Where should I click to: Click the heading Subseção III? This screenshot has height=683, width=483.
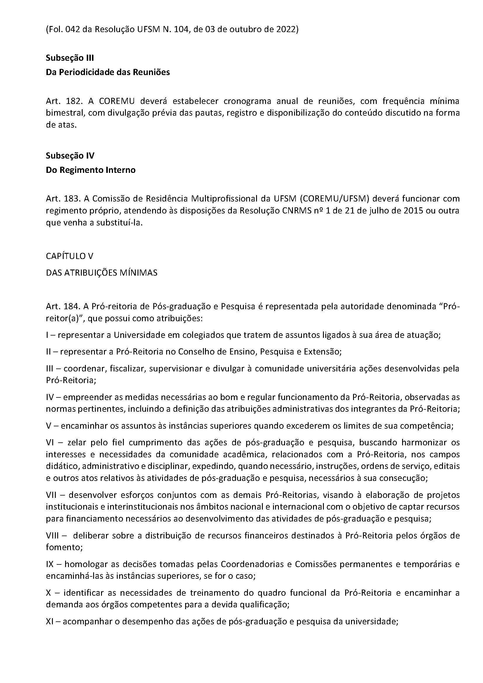click(70, 58)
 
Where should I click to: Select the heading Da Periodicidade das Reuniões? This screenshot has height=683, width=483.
click(108, 72)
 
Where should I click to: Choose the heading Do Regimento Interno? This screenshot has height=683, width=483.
click(91, 170)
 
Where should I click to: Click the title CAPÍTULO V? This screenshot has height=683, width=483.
click(70, 256)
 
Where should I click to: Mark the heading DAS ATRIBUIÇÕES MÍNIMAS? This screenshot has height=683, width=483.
click(101, 272)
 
